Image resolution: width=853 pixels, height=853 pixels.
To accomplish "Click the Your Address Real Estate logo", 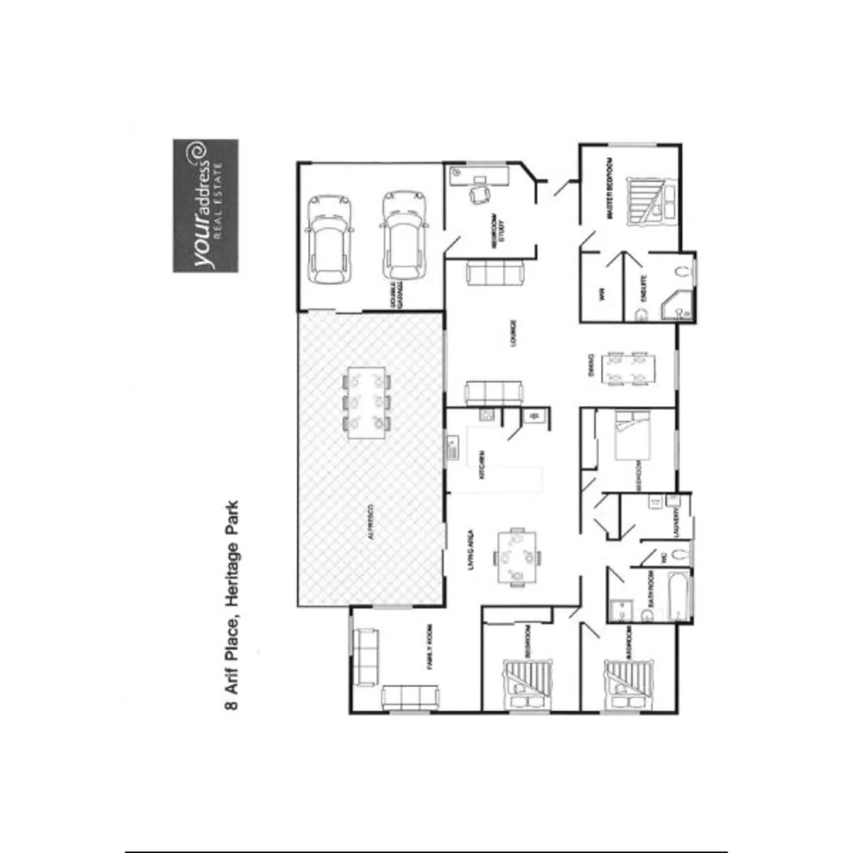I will (205, 205).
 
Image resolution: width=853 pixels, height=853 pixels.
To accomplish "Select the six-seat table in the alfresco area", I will (367, 402).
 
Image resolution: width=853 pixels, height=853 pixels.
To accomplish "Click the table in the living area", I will (517, 557).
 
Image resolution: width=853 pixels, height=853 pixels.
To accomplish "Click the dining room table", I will (629, 369).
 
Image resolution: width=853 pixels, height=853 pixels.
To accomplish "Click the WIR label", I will (601, 295).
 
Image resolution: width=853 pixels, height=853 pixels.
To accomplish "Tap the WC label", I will (665, 558).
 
